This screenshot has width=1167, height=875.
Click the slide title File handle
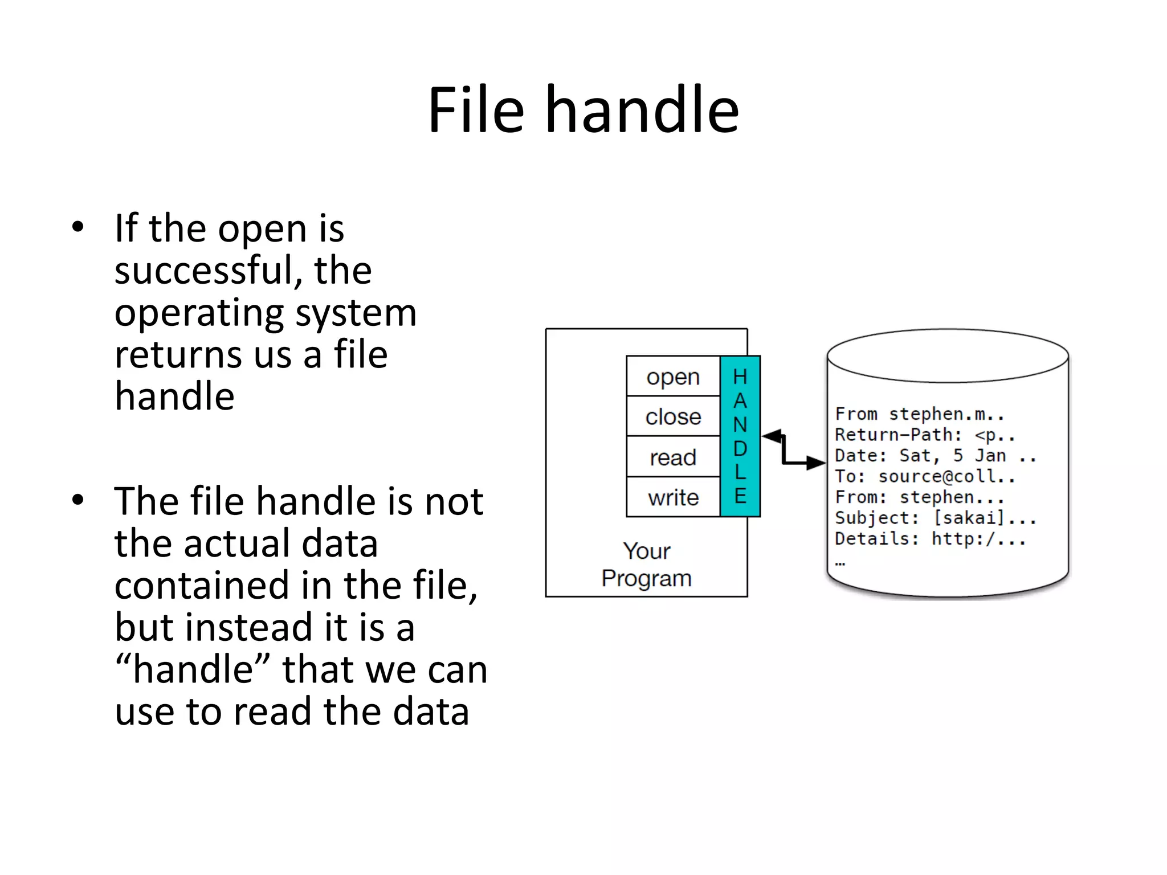click(x=583, y=109)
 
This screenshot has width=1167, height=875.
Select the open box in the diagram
click(x=673, y=377)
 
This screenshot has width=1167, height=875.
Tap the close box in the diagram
click(x=673, y=417)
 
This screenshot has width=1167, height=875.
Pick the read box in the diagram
click(x=673, y=457)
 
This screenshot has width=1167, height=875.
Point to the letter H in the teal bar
click(x=740, y=377)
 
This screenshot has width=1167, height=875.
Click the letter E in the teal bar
click(x=740, y=496)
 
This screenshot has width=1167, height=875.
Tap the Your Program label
click(x=646, y=565)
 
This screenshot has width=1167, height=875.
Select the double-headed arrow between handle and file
click(x=792, y=451)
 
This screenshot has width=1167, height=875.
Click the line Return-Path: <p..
click(x=924, y=435)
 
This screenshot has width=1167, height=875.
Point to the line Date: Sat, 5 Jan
click(x=935, y=456)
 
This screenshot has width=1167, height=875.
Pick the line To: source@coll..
click(x=924, y=476)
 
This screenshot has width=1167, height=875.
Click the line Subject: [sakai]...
click(x=935, y=518)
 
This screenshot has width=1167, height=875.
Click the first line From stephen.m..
click(x=919, y=414)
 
